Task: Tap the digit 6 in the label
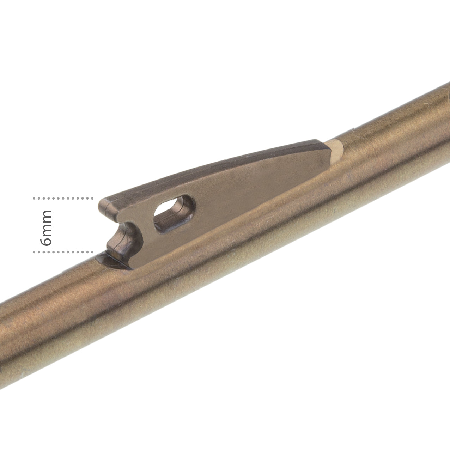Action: pyautogui.click(x=46, y=241)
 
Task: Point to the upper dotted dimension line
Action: pyautogui.click(x=63, y=199)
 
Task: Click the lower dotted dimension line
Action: pyautogui.click(x=63, y=252)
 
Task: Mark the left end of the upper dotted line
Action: pyautogui.click(x=34, y=199)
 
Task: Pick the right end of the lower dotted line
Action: pyautogui.click(x=92, y=252)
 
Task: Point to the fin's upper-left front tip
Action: pyautogui.click(x=103, y=203)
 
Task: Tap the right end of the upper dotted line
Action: pyautogui.click(x=92, y=199)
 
